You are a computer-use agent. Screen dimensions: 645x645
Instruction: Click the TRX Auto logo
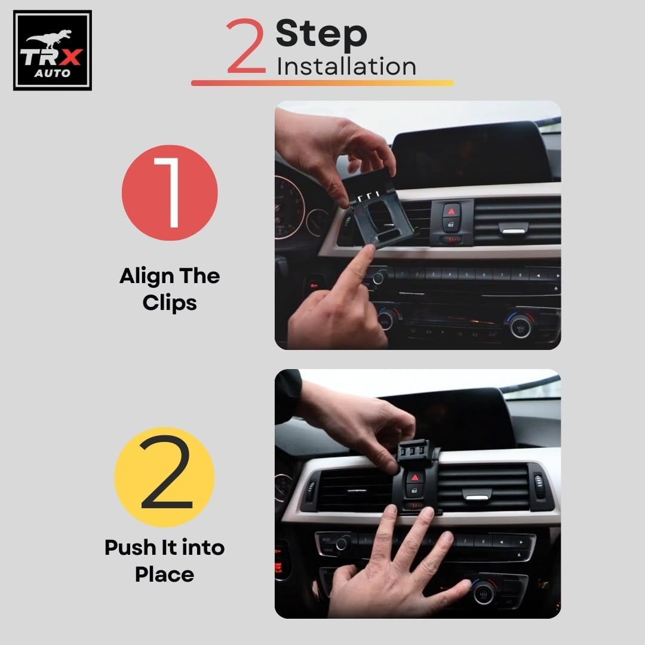pos(52,50)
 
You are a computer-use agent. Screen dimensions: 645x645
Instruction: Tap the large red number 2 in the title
pos(246,45)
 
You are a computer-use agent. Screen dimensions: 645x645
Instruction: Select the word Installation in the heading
pos(346,66)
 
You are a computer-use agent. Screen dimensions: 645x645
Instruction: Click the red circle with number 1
pos(170,192)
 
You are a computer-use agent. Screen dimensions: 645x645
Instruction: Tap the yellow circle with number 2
pos(165,477)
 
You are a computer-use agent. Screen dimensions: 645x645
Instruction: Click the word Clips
pos(170,303)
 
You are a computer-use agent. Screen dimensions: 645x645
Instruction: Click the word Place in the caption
pos(165,575)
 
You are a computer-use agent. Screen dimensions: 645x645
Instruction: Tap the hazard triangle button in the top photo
pos(451,211)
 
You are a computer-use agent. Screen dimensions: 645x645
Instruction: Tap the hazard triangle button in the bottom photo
pos(414,478)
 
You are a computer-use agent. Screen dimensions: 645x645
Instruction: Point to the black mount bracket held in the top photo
pos(376,210)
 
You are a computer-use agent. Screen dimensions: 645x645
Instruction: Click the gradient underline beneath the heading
pos(322,82)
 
